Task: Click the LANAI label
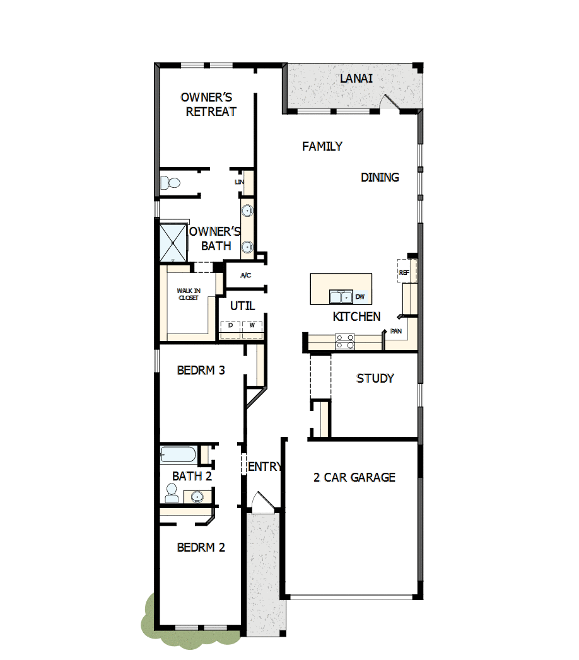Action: [356, 79]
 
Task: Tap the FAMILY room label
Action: [322, 146]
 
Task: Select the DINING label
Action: [380, 177]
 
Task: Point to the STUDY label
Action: [375, 378]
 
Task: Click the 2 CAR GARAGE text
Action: [354, 477]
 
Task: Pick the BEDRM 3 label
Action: [201, 370]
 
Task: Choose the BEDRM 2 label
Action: [201, 547]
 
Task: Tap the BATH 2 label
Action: [192, 476]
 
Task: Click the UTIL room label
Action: [242, 306]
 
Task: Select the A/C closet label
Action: [246, 275]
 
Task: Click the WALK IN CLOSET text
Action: [188, 294]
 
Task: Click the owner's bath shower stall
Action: [173, 241]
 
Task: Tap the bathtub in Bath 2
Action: [178, 453]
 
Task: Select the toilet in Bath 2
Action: [171, 492]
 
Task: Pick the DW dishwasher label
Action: [360, 296]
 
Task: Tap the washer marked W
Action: [252, 326]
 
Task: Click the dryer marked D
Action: [230, 326]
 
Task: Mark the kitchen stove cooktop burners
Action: [345, 341]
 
